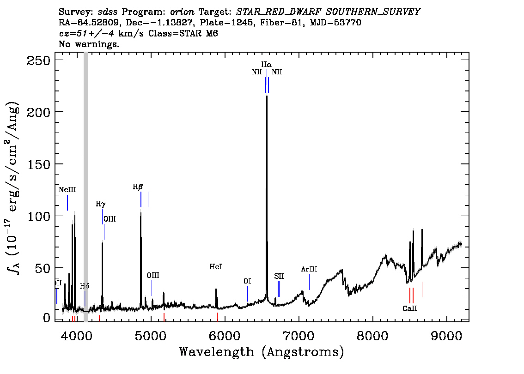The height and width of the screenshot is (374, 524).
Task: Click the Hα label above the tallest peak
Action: (x=266, y=65)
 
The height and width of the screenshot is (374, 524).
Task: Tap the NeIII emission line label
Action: (x=67, y=190)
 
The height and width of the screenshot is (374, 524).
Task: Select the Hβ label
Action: (x=138, y=187)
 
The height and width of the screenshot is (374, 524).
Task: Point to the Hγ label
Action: (x=101, y=204)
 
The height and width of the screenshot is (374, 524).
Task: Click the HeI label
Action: (x=216, y=267)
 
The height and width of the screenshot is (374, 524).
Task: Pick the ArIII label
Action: (x=309, y=269)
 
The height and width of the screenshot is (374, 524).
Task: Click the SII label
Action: (x=279, y=276)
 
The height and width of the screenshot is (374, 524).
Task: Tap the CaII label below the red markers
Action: (x=409, y=308)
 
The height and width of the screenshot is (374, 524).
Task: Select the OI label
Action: (x=247, y=281)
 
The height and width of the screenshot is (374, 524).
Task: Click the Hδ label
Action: (x=85, y=286)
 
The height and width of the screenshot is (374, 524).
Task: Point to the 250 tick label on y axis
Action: (x=40, y=60)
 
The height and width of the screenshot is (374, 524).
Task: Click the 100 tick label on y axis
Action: (x=40, y=216)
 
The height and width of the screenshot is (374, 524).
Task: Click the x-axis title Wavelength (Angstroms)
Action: (x=262, y=352)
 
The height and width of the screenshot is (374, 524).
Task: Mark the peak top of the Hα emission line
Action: (x=267, y=97)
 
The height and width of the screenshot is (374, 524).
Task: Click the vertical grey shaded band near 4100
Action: (x=86, y=185)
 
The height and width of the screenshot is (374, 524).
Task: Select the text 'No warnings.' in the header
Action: (x=90, y=44)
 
